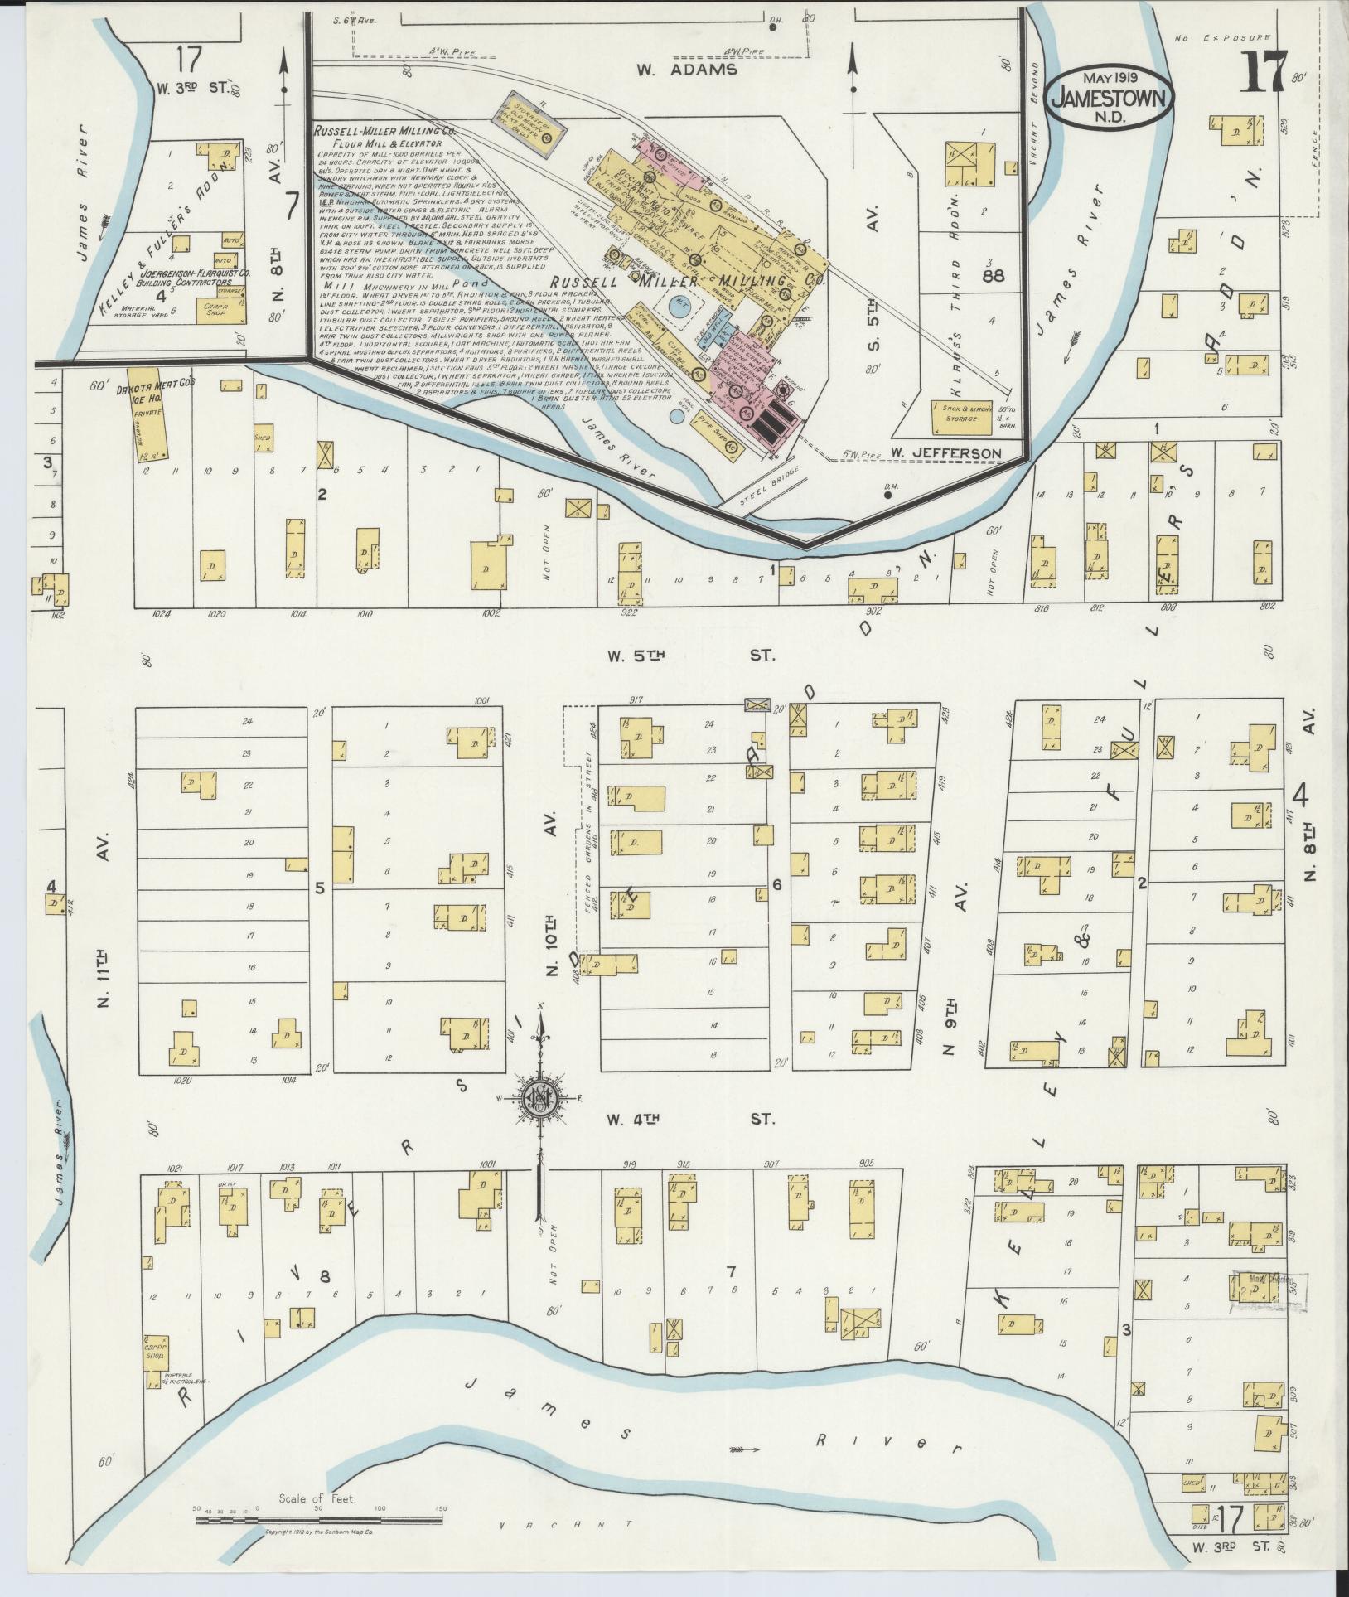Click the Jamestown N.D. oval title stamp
tap(1110, 98)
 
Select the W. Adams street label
tap(687, 70)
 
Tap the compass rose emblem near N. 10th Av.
tap(541, 1101)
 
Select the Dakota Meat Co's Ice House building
tap(150, 423)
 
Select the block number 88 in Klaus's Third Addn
tap(992, 275)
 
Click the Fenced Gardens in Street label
tap(589, 854)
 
